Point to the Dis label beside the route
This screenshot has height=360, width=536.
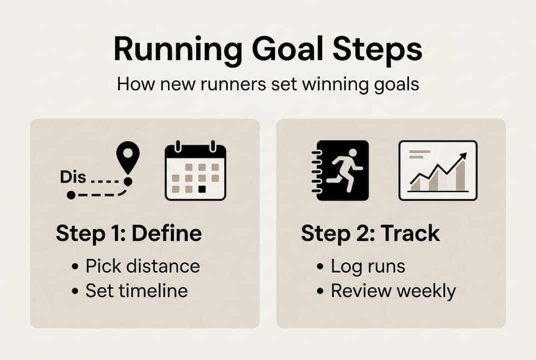click(x=73, y=177)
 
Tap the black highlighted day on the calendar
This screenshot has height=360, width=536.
click(x=202, y=189)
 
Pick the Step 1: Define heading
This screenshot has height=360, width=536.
click(x=129, y=233)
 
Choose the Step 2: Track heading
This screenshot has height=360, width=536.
click(x=370, y=233)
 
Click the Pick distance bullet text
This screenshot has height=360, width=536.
click(x=142, y=266)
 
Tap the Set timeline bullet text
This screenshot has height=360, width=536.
click(x=136, y=291)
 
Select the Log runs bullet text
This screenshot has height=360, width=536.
click(x=368, y=266)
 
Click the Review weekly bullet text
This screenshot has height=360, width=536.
click(x=393, y=291)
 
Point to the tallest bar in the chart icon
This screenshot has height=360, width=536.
click(x=460, y=176)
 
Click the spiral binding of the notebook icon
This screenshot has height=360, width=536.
click(x=316, y=170)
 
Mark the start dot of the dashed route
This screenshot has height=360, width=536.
click(x=71, y=195)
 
